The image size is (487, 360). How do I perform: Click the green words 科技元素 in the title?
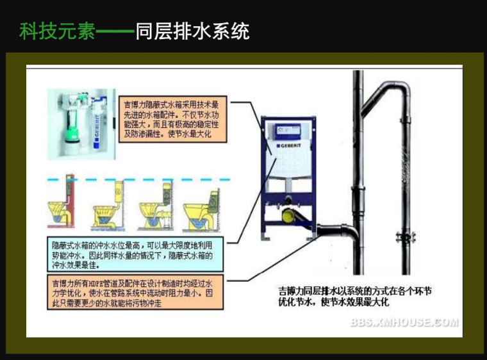tap(56, 30)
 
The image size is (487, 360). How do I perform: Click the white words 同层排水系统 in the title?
tap(192, 30)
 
